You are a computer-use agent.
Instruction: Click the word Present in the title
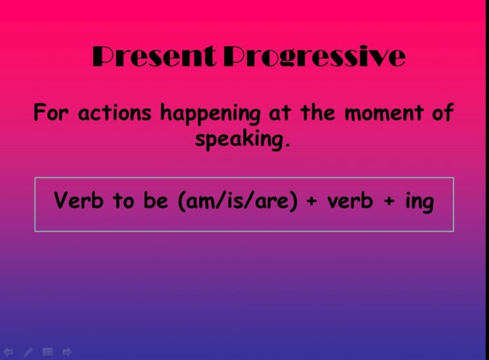click(154, 56)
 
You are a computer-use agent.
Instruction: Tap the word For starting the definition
click(50, 112)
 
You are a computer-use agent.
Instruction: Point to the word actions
click(115, 113)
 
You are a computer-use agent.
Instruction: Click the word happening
click(210, 115)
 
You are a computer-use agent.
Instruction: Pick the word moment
click(384, 113)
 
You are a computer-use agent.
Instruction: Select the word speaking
click(239, 140)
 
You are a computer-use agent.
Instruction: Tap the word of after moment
click(443, 112)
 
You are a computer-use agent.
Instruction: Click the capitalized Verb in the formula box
click(78, 200)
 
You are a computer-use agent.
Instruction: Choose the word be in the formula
click(155, 200)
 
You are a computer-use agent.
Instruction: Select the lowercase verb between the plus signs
click(350, 201)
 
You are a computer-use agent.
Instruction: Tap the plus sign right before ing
click(389, 201)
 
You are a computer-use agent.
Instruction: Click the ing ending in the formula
click(420, 202)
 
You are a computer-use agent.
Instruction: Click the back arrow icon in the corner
click(8, 352)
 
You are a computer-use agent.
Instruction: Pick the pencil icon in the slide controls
click(28, 352)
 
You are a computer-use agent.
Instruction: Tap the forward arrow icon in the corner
click(68, 352)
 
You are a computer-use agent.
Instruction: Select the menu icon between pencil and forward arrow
click(48, 352)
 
